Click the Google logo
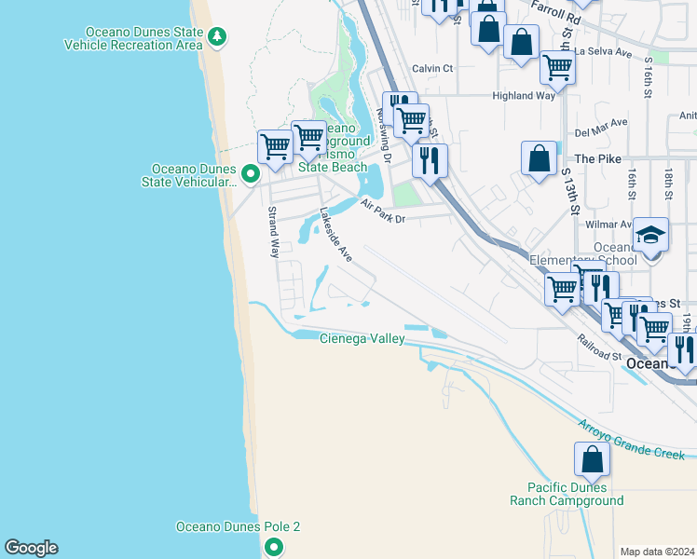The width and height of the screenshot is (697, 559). pyautogui.click(x=31, y=548)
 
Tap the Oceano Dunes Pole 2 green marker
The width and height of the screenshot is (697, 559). pyautogui.click(x=273, y=547)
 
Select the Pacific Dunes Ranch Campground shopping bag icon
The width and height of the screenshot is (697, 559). pyautogui.click(x=592, y=459)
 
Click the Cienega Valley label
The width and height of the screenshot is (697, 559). pyautogui.click(x=362, y=338)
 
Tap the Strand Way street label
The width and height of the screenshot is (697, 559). pyautogui.click(x=275, y=232)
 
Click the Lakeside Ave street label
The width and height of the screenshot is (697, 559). pyautogui.click(x=335, y=234)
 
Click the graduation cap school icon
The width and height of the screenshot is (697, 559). pyautogui.click(x=650, y=235)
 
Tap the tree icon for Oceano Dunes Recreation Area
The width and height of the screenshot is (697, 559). pyautogui.click(x=217, y=37)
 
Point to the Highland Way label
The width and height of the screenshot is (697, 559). pyautogui.click(x=524, y=95)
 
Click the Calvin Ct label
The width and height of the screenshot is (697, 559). pyautogui.click(x=432, y=68)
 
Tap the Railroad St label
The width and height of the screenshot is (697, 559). pyautogui.click(x=598, y=348)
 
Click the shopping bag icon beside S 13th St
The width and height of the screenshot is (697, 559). pyautogui.click(x=539, y=157)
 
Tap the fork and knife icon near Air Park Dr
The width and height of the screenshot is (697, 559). pyautogui.click(x=429, y=160)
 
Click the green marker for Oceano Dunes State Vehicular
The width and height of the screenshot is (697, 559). pyautogui.click(x=250, y=173)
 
